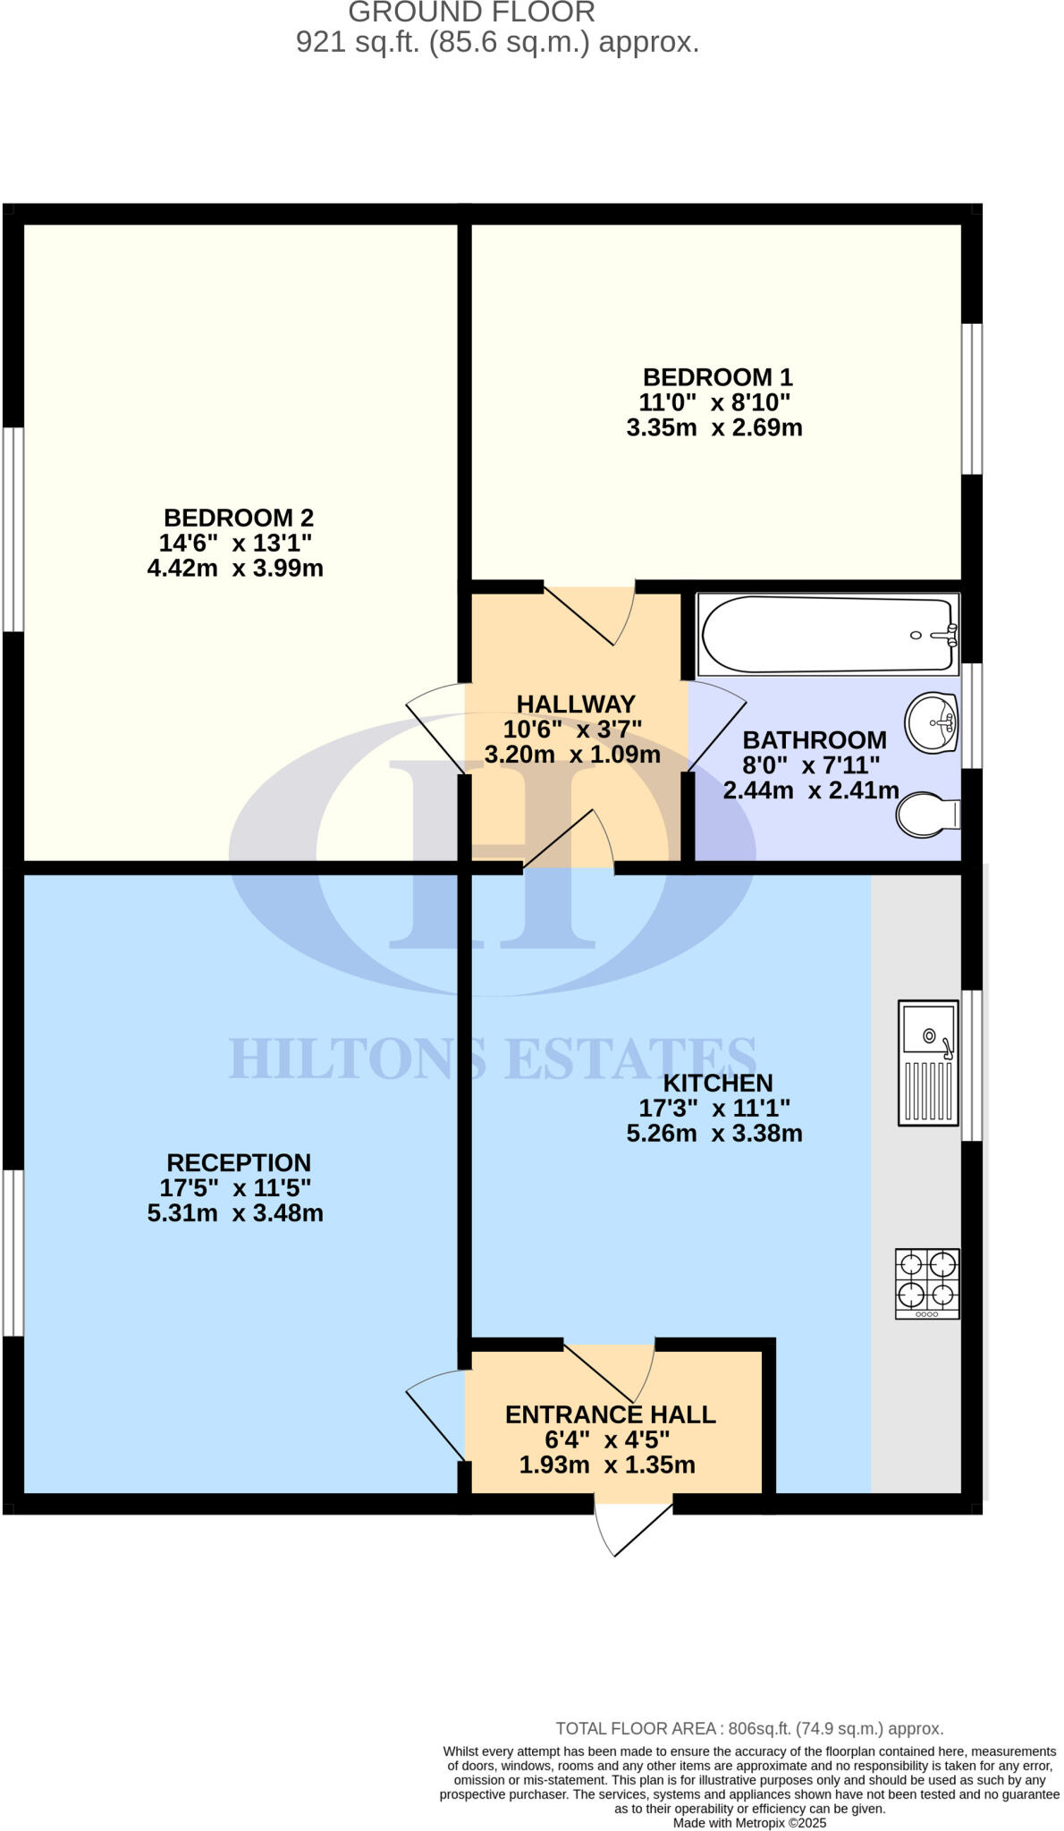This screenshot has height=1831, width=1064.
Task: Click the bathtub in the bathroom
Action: click(x=827, y=634)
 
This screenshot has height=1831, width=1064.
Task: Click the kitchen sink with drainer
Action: click(x=929, y=1062)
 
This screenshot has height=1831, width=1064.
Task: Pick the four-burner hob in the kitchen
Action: click(x=927, y=1283)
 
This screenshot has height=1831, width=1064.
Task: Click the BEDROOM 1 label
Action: click(x=717, y=377)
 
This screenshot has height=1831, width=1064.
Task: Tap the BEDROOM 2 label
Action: click(x=238, y=518)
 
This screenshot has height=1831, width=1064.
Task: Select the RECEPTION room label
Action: click(x=239, y=1162)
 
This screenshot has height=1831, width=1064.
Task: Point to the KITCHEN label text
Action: click(x=718, y=1083)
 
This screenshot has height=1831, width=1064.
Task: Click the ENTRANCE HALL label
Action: click(x=610, y=1414)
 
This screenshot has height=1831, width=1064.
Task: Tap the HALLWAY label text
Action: click(x=575, y=704)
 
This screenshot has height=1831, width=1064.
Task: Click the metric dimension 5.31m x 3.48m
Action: click(x=235, y=1213)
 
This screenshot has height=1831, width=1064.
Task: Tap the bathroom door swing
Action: click(x=715, y=726)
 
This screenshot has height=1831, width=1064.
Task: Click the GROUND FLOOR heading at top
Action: click(x=471, y=13)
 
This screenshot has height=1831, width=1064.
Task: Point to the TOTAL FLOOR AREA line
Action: click(x=749, y=1728)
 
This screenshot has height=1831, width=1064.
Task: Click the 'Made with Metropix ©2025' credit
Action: click(x=749, y=1822)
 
